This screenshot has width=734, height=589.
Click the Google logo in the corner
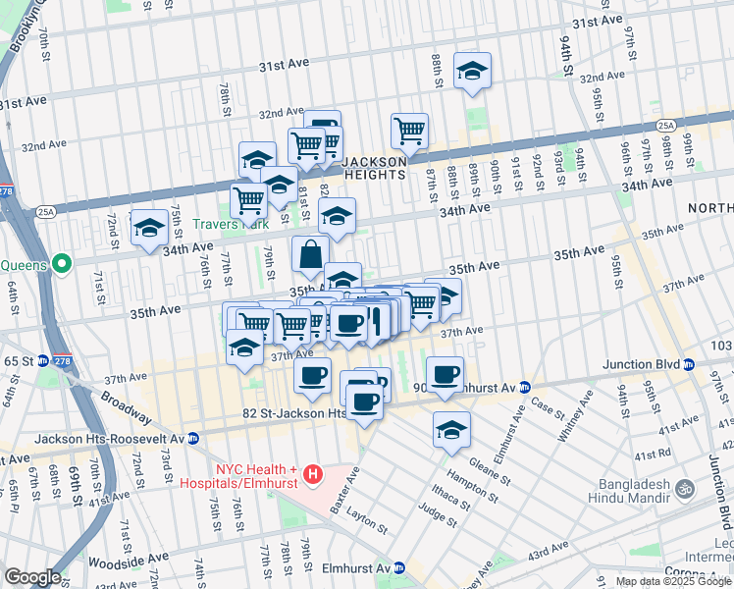31,577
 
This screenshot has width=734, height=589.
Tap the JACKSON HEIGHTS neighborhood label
374,168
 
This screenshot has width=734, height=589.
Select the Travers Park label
225,225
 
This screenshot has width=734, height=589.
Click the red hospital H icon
313,476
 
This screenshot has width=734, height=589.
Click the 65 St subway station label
18,361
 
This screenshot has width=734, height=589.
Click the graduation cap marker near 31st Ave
472,71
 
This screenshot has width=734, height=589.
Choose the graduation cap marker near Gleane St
451,429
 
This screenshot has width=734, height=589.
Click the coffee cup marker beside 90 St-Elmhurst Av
446,376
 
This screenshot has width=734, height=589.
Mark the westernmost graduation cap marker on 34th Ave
149,228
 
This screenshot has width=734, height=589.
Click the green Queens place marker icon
61,264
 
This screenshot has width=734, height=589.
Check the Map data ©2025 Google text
672,581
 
